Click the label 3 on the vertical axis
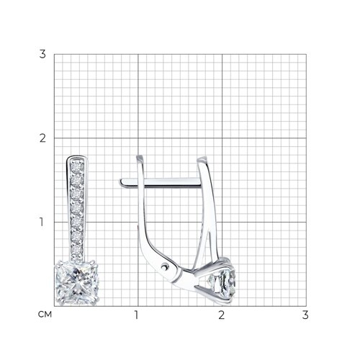[x=42, y=54]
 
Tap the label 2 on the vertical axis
[x=42, y=138]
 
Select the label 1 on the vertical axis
[x=42, y=222]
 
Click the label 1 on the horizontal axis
[x=137, y=315]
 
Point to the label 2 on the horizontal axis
[x=222, y=315]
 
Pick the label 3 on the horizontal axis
[x=305, y=315]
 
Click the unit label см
[x=45, y=315]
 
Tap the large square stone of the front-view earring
[x=77, y=283]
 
